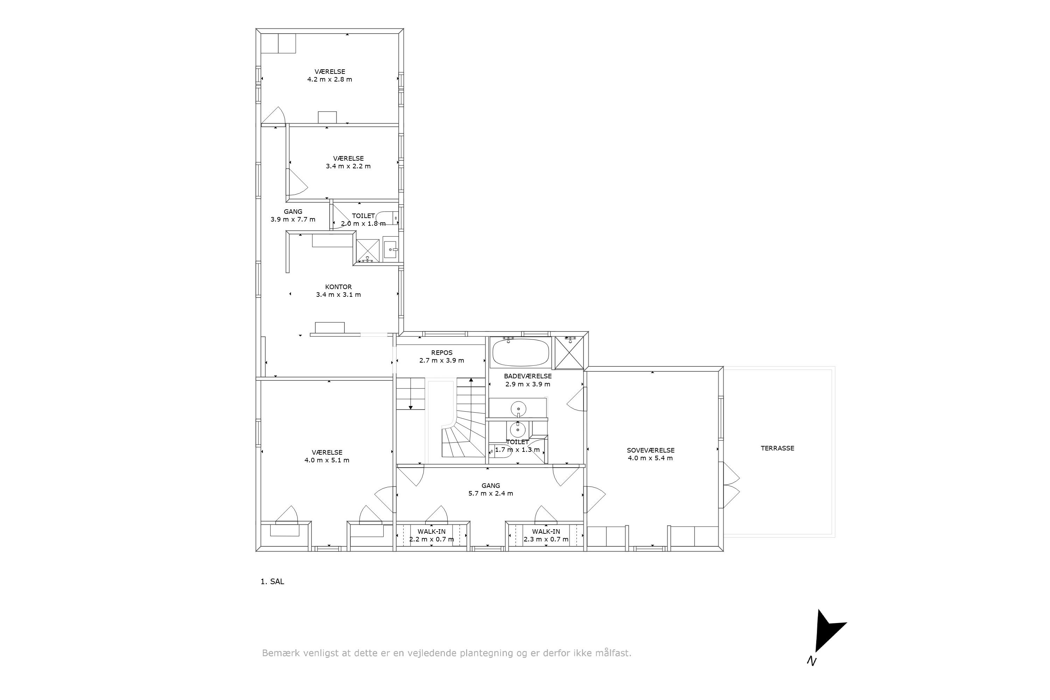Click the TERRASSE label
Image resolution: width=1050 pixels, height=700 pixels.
point(777,448)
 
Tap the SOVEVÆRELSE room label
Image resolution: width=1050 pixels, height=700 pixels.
point(650,450)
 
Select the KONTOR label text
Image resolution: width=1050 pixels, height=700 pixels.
point(338,287)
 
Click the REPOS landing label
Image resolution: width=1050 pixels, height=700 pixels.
point(441,353)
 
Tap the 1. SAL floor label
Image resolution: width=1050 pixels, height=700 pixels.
point(272,582)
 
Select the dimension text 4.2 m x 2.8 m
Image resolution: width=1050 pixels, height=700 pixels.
point(329,79)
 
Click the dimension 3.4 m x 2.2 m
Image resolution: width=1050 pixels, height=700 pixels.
point(348,166)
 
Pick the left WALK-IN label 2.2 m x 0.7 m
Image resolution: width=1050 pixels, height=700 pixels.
point(432,535)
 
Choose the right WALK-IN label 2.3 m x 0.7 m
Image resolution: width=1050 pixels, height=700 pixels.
point(546,535)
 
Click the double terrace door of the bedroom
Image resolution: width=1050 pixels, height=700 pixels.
point(730,485)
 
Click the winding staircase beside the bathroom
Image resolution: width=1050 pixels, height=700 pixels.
point(464,428)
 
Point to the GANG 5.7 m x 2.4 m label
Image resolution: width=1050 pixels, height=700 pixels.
point(491,489)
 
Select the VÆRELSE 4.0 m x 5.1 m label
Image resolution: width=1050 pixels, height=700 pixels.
point(327,456)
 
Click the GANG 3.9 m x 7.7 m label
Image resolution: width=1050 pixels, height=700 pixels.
point(293,216)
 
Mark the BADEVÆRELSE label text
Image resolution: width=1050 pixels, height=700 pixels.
point(528,376)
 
